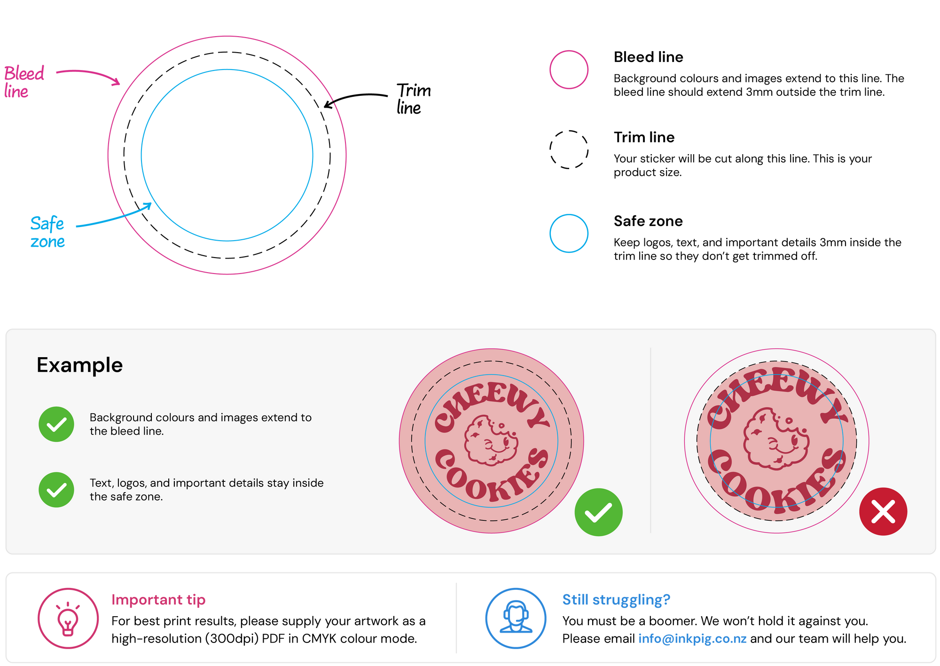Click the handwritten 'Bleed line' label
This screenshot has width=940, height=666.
(x=24, y=82)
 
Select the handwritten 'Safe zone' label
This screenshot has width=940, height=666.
(x=47, y=232)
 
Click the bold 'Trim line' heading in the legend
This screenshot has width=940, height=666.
(x=644, y=137)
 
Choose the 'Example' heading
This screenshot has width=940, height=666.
(x=80, y=365)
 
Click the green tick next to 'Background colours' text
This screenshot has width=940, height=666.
(x=56, y=424)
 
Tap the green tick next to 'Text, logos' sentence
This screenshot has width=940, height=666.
(x=56, y=490)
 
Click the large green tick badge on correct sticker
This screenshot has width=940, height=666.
(x=598, y=512)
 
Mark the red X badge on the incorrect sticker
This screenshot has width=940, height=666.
(x=883, y=511)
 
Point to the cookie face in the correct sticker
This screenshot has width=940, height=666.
(x=491, y=440)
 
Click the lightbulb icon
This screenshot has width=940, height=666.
(x=68, y=619)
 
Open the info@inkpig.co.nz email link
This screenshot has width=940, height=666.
(x=692, y=639)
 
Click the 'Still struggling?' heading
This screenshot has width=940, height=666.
(x=616, y=600)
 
